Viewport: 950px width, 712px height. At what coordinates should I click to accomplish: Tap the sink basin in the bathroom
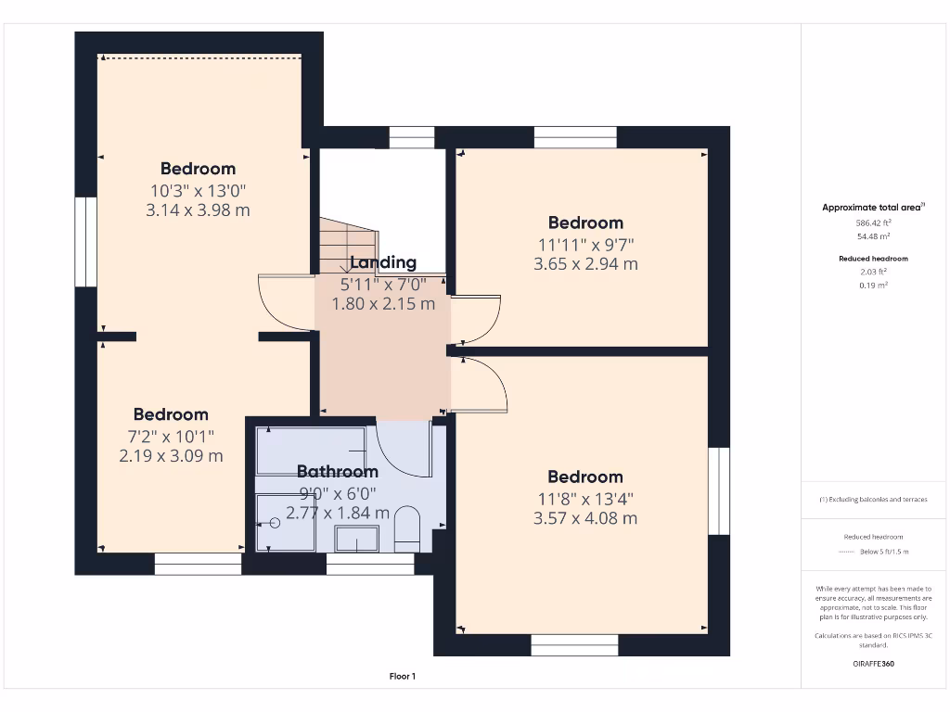[356, 539]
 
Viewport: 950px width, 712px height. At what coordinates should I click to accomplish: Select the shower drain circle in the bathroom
[274, 523]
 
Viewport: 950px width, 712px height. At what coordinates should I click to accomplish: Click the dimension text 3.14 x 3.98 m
[198, 210]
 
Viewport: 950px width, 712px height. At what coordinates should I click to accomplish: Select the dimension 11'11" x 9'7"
[585, 244]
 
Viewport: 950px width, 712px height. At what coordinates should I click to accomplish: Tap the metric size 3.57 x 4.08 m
[585, 518]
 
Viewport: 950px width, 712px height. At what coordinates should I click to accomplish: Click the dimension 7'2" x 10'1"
[171, 436]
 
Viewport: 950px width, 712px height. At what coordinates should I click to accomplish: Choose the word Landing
[383, 263]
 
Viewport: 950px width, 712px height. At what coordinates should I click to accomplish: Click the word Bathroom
[338, 472]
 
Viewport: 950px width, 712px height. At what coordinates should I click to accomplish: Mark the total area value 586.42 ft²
[873, 223]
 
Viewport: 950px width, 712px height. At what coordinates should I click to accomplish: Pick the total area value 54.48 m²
[873, 236]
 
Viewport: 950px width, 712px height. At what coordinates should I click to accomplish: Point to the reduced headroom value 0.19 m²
[873, 286]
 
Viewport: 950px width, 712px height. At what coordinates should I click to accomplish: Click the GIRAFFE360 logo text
[873, 664]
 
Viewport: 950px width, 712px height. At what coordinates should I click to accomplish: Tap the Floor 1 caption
[402, 677]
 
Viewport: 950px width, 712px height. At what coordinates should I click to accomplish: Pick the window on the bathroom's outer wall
[370, 564]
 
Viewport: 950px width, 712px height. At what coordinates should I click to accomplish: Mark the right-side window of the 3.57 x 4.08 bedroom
[719, 491]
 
